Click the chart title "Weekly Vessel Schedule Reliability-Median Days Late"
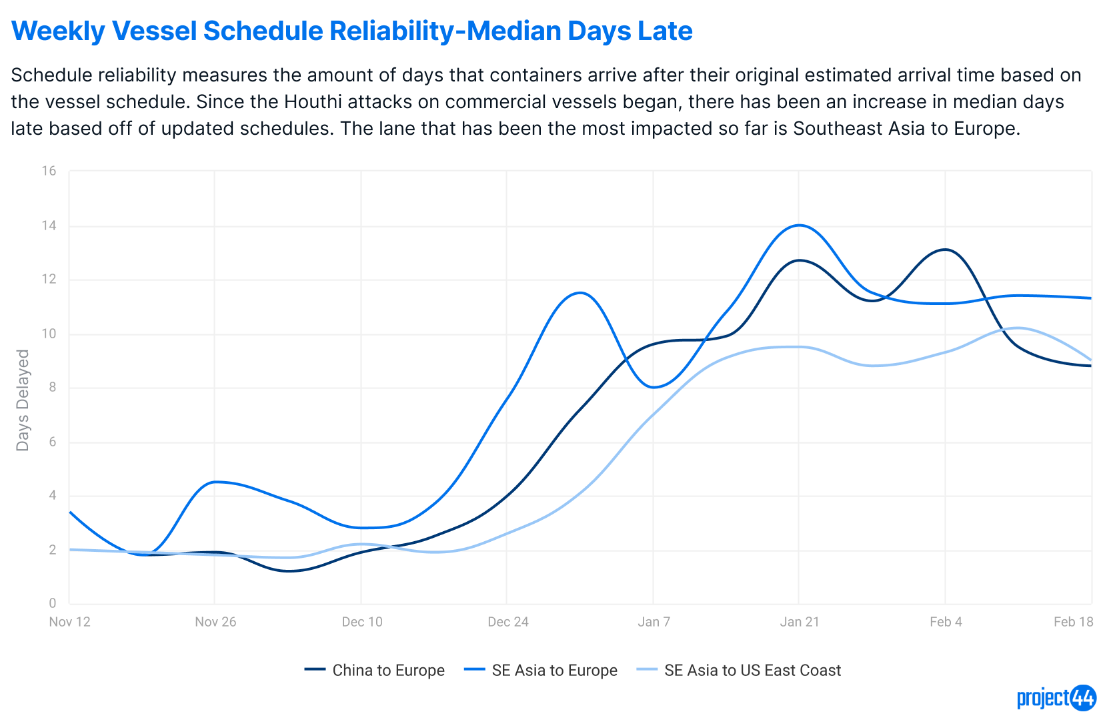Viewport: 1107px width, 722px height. click(x=352, y=31)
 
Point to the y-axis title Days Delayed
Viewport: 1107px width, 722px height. click(x=23, y=400)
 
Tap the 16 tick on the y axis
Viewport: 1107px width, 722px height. click(x=49, y=171)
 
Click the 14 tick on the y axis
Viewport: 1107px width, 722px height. click(x=49, y=226)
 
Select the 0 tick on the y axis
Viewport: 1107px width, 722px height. click(x=53, y=603)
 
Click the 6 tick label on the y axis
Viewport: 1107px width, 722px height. click(x=53, y=442)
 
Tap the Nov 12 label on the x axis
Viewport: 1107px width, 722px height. click(x=69, y=622)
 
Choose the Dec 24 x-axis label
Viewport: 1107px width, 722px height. click(x=507, y=622)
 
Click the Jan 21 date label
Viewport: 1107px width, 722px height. click(x=800, y=622)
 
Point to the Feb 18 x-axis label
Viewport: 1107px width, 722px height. click(x=1073, y=622)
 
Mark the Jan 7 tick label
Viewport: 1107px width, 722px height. click(x=654, y=622)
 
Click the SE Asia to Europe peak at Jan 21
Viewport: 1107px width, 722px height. click(x=800, y=225)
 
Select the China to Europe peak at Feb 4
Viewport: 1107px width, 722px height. click(x=945, y=250)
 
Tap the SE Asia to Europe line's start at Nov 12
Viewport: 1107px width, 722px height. click(x=70, y=512)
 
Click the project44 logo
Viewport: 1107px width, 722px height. click(x=1056, y=698)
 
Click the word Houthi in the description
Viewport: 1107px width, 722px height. click(x=315, y=102)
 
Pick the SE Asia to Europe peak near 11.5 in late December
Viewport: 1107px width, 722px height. click(x=580, y=292)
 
